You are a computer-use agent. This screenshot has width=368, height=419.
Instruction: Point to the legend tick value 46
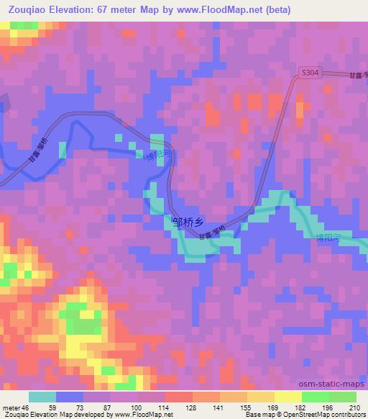click(x=26, y=407)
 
